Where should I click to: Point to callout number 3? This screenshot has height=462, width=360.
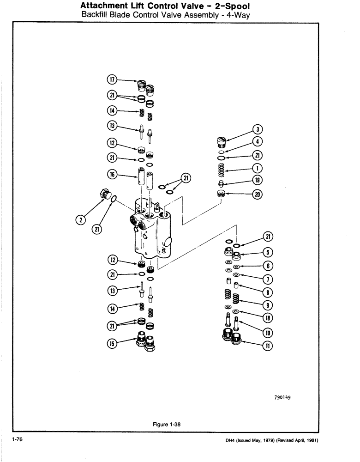[x=258, y=130]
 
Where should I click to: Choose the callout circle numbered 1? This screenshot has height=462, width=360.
[x=258, y=168]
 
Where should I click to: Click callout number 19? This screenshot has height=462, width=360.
[x=258, y=181]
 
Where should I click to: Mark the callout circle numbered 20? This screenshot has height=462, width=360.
[x=258, y=195]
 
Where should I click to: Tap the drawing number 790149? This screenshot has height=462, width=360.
[x=284, y=396]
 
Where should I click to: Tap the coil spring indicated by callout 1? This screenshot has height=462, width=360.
[x=221, y=169]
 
